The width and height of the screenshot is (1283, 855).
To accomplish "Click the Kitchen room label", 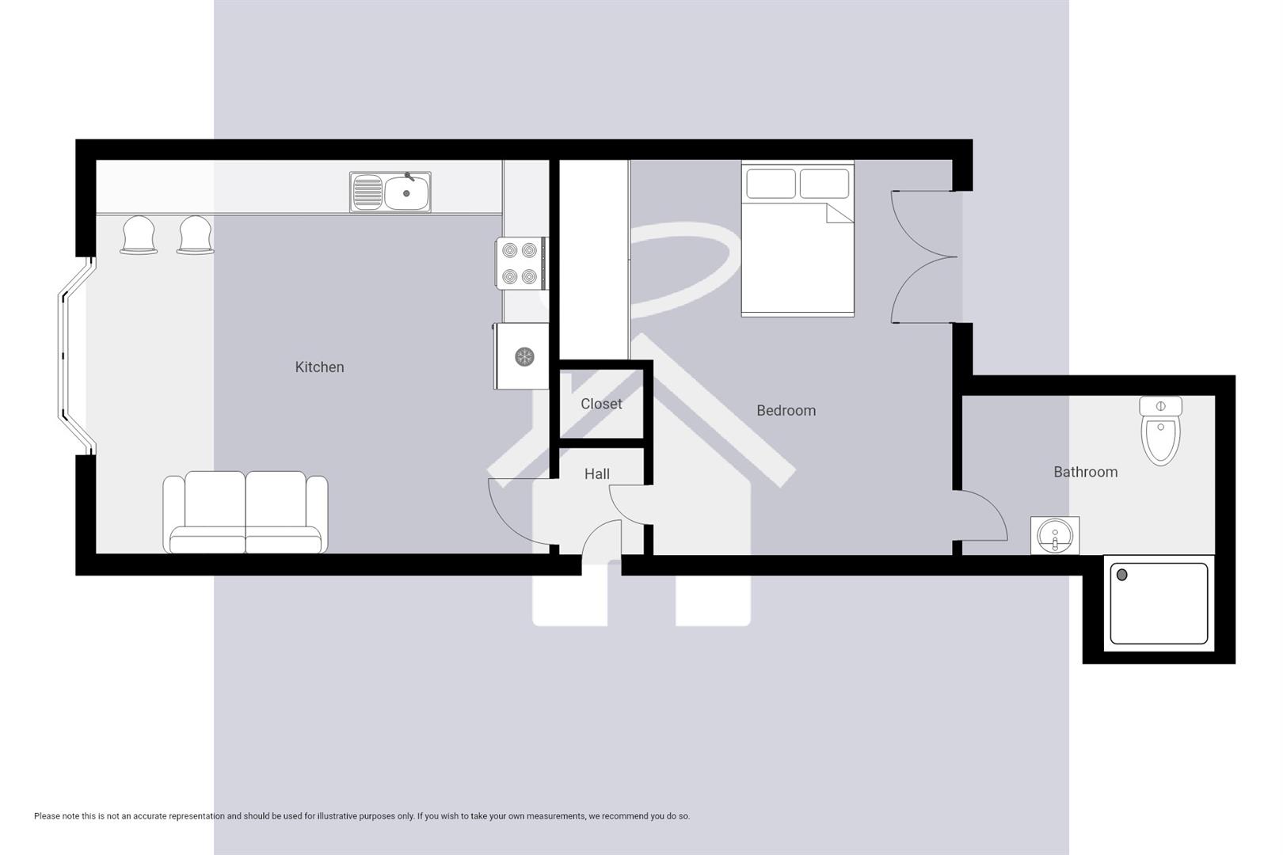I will [x=319, y=367].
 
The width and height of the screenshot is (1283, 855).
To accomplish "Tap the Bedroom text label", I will [x=786, y=410].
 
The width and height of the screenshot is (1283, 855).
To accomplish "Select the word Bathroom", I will [x=1085, y=472].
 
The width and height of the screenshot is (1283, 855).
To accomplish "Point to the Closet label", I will [x=601, y=404].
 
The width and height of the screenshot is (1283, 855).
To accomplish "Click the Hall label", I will [x=596, y=473].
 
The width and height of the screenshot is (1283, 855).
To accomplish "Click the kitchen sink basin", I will [x=407, y=192].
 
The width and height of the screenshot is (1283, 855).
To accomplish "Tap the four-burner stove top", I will [x=520, y=264].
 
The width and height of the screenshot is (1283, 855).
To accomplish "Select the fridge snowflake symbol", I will [x=523, y=356].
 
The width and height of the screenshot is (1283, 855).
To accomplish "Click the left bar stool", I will [x=139, y=235].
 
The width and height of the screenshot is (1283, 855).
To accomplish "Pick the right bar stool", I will [x=196, y=235].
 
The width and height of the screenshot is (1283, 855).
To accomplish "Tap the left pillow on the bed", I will [x=771, y=184].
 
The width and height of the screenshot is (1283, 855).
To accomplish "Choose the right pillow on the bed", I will [x=824, y=184].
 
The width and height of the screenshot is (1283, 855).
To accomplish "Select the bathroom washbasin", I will [x=1054, y=535].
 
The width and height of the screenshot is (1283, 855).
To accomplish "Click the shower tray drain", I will [x=1121, y=576].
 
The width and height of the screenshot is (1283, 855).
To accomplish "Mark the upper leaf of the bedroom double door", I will [x=923, y=224].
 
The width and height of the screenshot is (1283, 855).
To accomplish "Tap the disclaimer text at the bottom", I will [x=361, y=816].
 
